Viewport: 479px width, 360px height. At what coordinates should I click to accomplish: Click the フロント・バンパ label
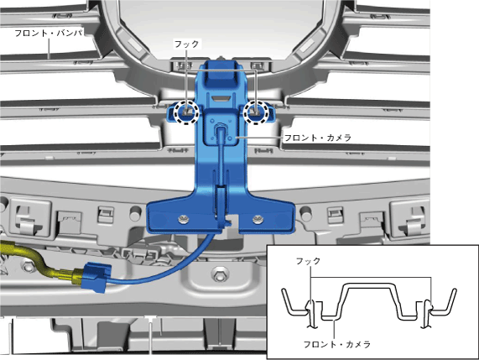click(49, 33)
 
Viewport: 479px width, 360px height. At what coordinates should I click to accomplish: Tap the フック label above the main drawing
click(186, 44)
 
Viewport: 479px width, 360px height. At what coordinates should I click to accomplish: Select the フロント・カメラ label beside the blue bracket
click(318, 138)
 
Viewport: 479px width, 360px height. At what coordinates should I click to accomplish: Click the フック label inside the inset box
click(308, 261)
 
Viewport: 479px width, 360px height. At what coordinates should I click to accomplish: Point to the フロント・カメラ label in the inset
click(337, 344)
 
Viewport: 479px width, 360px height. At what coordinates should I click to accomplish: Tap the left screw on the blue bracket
click(184, 219)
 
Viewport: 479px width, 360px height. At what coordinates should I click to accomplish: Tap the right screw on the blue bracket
click(257, 219)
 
